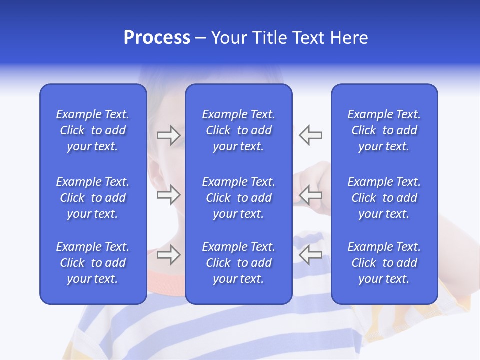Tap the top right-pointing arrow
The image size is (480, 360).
click(x=168, y=135)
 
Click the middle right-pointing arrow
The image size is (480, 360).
click(x=168, y=195)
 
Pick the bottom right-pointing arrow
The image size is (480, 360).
click(x=168, y=255)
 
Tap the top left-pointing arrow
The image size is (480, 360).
click(x=310, y=135)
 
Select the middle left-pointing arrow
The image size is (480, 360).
click(x=310, y=195)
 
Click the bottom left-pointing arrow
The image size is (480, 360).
click(x=310, y=255)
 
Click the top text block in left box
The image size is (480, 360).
click(x=93, y=130)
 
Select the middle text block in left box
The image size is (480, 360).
click(x=93, y=198)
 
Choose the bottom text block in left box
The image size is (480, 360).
click(x=93, y=263)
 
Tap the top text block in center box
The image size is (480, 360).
click(x=239, y=130)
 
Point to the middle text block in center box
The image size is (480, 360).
click(x=239, y=198)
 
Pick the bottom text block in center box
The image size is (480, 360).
click(x=239, y=263)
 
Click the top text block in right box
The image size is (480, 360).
click(x=384, y=130)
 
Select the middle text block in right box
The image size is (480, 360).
click(x=384, y=198)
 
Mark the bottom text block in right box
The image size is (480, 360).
click(x=384, y=263)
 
